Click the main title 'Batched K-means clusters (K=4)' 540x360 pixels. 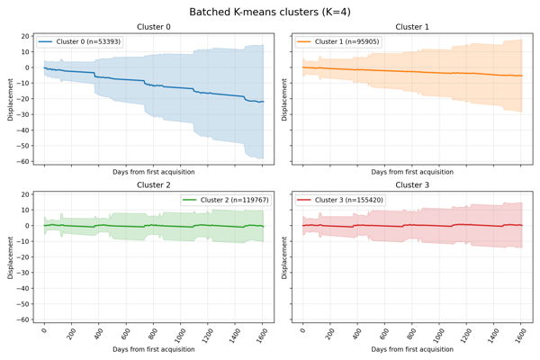pos(270,12)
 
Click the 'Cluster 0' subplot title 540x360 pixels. pos(153,27)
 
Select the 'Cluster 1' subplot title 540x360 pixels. pos(411,27)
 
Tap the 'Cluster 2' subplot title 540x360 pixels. pos(153,184)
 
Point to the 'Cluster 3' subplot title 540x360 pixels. pos(411,184)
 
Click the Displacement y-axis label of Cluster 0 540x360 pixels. pos(11,99)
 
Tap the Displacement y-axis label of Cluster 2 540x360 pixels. pos(11,256)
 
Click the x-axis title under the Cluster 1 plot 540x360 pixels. pos(411,172)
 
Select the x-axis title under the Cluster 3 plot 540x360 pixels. pos(411,348)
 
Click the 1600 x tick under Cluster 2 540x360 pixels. pos(259,332)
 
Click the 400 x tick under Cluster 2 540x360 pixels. pos(96,331)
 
